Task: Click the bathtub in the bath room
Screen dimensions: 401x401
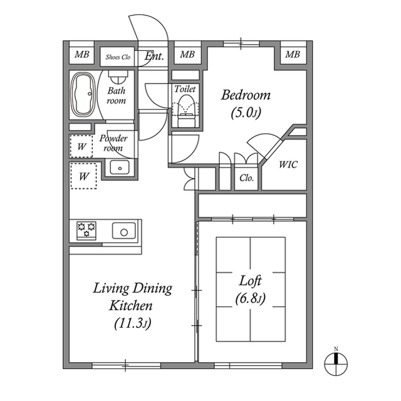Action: click(83, 95)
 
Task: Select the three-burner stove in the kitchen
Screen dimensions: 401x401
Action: click(87, 230)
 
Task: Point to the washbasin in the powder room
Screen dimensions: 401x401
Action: click(118, 167)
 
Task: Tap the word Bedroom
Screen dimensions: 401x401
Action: click(246, 95)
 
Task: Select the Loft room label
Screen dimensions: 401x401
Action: click(251, 281)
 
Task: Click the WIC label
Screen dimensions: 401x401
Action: click(288, 164)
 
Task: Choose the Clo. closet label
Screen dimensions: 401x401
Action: click(246, 178)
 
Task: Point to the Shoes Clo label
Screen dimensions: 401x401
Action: click(117, 56)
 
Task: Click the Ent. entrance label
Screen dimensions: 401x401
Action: click(154, 56)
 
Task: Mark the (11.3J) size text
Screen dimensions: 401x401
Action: click(132, 324)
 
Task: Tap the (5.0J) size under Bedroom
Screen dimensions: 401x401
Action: click(246, 114)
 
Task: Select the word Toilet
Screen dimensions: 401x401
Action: click(185, 89)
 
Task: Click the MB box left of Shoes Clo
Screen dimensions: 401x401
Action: click(81, 55)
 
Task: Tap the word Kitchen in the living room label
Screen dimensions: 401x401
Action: click(132, 306)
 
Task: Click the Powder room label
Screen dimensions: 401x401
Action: click(113, 143)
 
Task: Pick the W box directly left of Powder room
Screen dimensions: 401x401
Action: click(81, 147)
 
